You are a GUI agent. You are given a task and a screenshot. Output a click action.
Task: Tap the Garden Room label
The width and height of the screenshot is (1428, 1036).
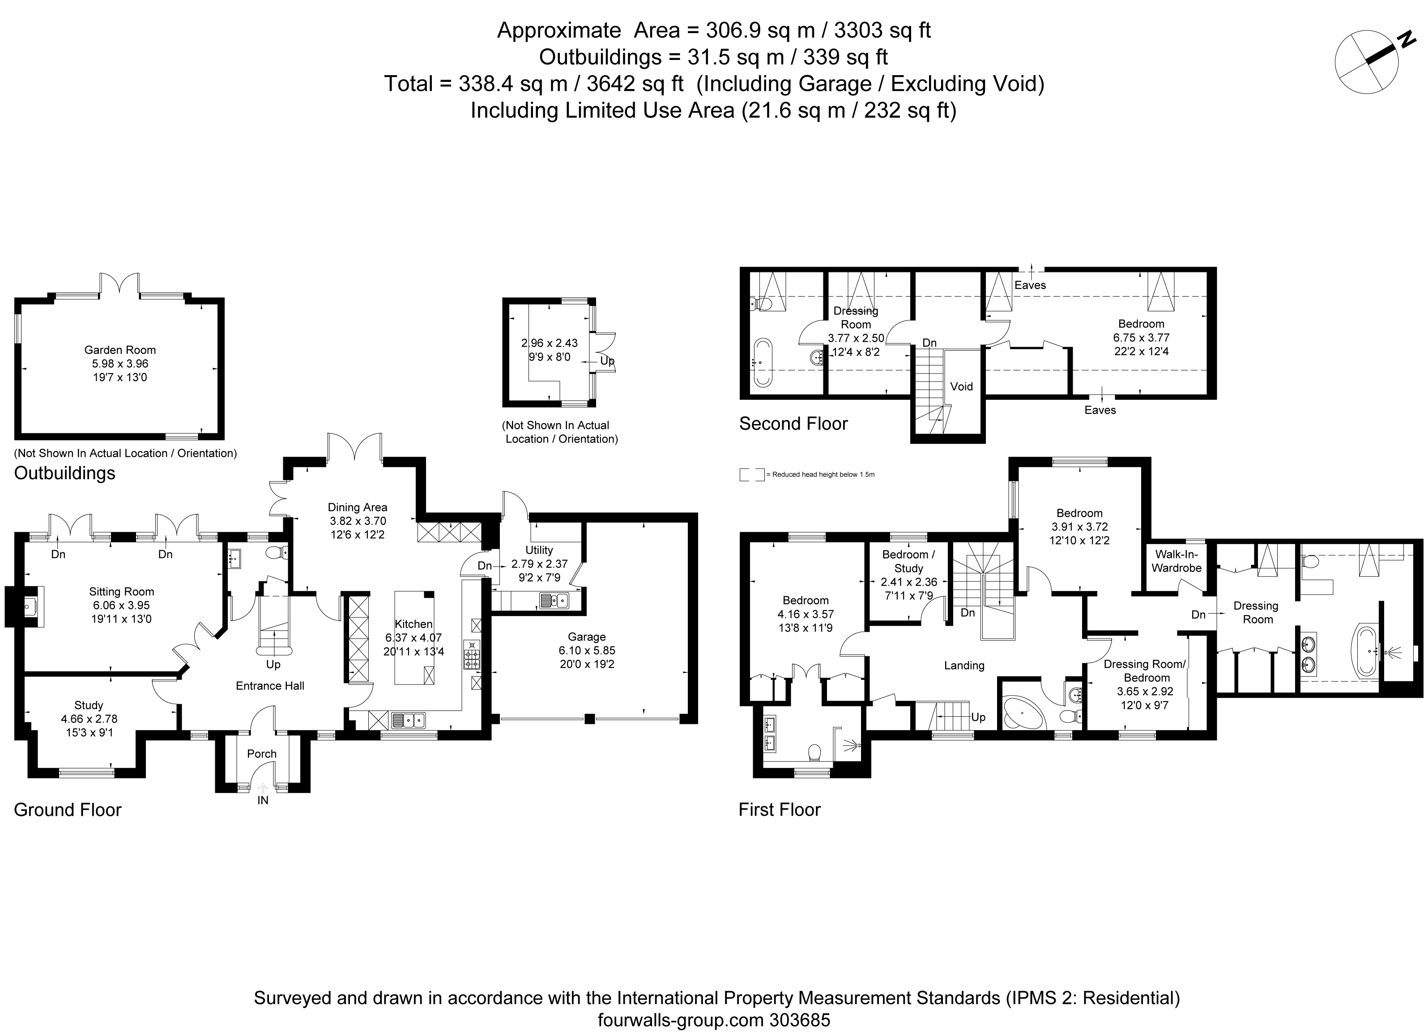(120, 350)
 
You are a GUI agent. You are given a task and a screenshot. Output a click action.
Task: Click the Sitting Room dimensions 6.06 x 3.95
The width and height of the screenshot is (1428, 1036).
(121, 605)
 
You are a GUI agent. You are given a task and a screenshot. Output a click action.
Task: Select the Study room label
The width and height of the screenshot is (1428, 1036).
(89, 705)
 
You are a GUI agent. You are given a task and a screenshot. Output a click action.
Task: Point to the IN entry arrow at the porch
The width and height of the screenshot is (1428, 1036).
(263, 788)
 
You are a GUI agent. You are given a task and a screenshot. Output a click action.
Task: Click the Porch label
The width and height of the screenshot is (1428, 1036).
(262, 753)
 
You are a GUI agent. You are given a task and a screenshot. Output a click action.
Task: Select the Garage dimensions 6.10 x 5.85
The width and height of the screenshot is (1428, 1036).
(587, 650)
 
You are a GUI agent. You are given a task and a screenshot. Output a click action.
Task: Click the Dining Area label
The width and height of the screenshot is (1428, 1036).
(358, 507)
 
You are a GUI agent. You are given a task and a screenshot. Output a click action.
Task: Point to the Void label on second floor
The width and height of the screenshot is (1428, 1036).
(961, 386)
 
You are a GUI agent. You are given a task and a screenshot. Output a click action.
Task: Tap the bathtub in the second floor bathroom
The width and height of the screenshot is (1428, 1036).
(763, 362)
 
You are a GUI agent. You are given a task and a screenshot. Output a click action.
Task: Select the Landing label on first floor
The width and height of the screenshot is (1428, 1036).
(964, 665)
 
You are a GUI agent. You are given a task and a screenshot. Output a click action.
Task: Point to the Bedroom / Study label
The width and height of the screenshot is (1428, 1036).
(908, 561)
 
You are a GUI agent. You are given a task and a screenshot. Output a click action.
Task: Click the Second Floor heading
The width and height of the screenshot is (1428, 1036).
(793, 424)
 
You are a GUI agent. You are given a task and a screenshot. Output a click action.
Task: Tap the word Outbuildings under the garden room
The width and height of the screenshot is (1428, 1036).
(65, 473)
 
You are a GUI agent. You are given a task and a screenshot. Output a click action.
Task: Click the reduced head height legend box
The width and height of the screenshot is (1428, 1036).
(752, 475)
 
